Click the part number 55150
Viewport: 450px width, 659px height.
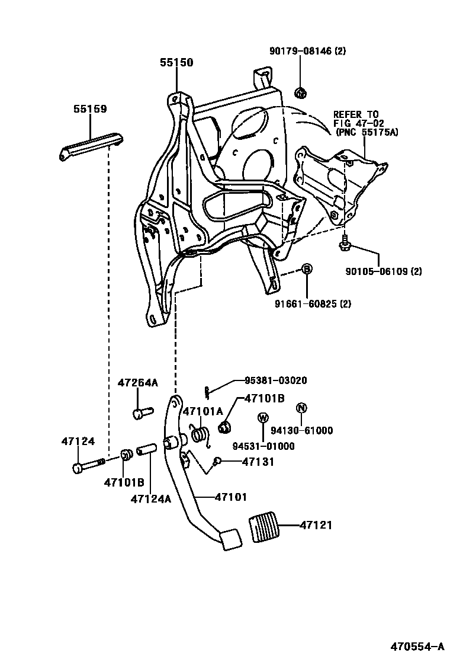click(176, 62)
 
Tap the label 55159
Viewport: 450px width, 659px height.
click(90, 109)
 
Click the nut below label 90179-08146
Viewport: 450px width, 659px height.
click(300, 92)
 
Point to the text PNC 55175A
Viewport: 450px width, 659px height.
click(367, 132)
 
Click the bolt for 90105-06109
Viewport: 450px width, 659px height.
click(344, 242)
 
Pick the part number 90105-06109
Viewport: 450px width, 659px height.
click(384, 271)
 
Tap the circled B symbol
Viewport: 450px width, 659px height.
click(307, 269)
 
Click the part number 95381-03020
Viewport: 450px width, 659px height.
click(276, 380)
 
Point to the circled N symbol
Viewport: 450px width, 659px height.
click(301, 408)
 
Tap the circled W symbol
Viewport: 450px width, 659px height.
click(262, 417)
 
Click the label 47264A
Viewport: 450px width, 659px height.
click(137, 383)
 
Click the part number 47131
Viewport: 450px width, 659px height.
click(258, 461)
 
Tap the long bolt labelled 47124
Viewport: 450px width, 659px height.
click(89, 465)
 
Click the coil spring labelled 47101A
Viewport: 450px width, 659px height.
click(200, 436)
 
